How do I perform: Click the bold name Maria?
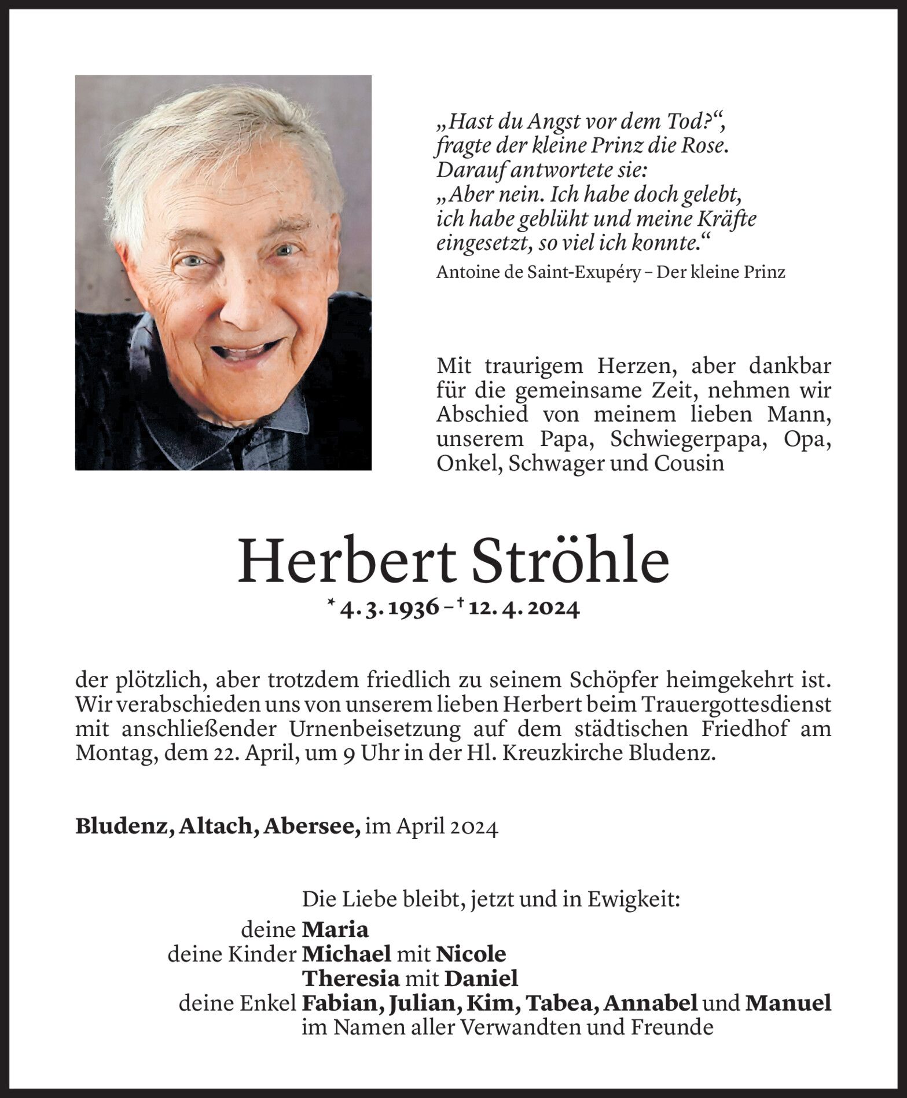[335, 930]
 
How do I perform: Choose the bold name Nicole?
[471, 954]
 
